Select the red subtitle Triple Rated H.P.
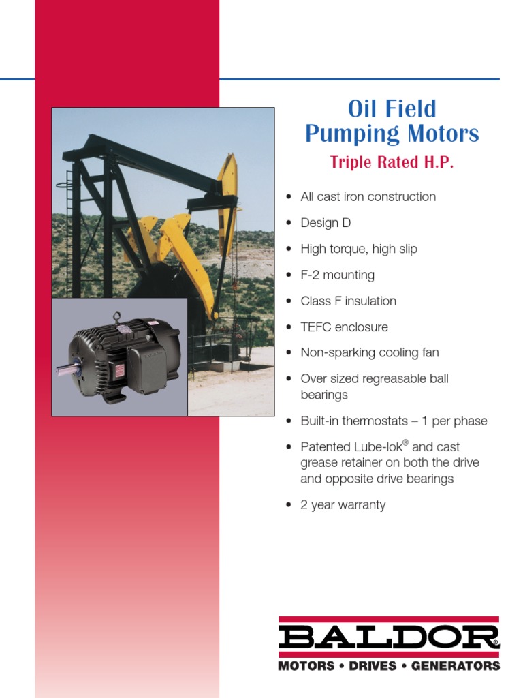pyautogui.click(x=392, y=163)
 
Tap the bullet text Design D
pyautogui.click(x=326, y=223)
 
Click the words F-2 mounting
pyautogui.click(x=337, y=275)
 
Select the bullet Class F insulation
pyautogui.click(x=348, y=301)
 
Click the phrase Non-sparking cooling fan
pyautogui.click(x=369, y=353)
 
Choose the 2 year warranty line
pyautogui.click(x=343, y=505)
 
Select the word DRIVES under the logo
pyautogui.click(x=373, y=666)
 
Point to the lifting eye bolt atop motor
pyautogui.click(x=117, y=317)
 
